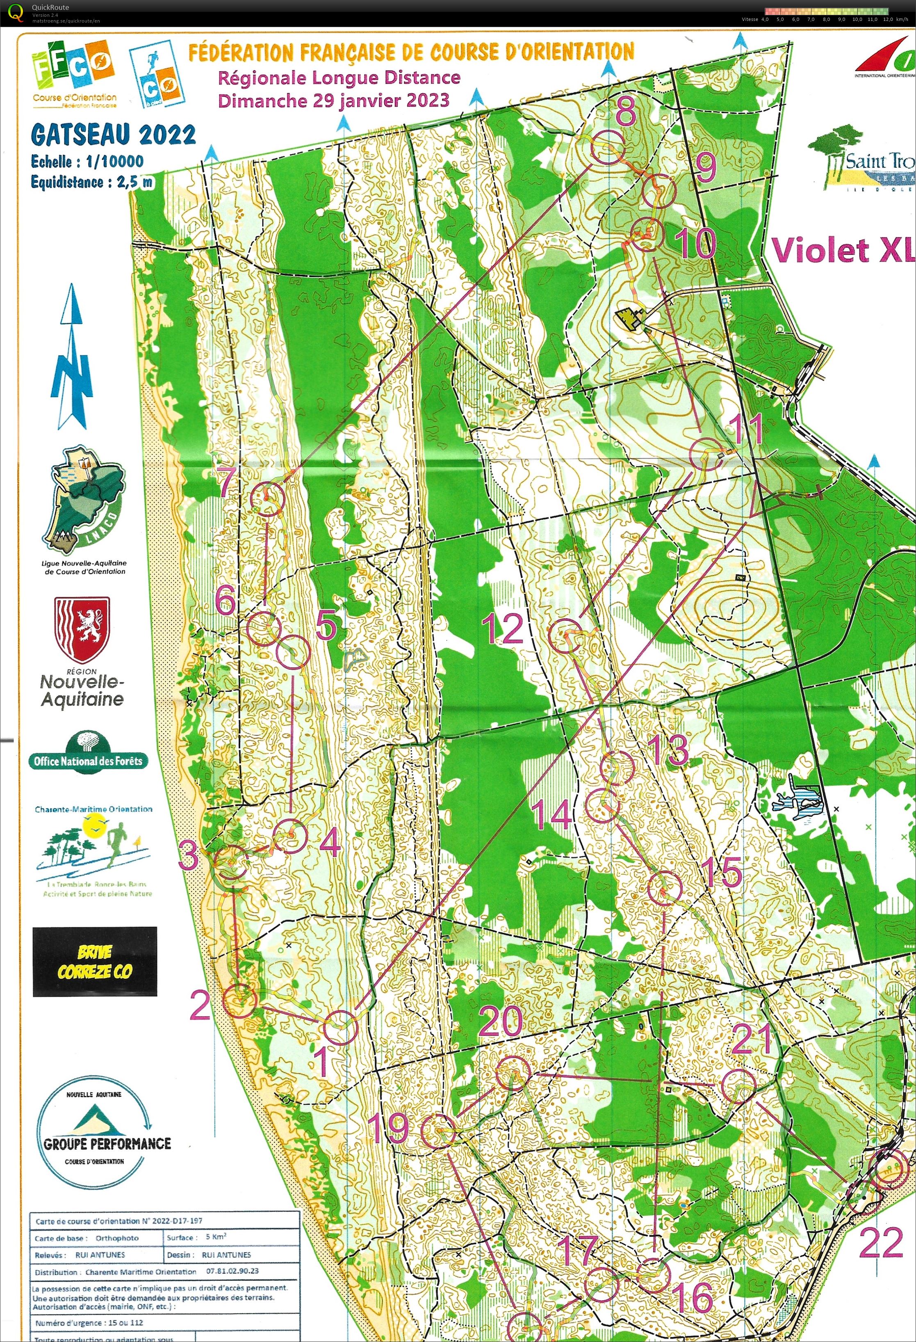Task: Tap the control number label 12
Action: [x=503, y=629]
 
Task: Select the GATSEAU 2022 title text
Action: [x=114, y=135]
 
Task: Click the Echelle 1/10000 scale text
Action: [x=87, y=161]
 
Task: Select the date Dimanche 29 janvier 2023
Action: [x=333, y=101]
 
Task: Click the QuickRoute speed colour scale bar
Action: [x=827, y=11]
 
